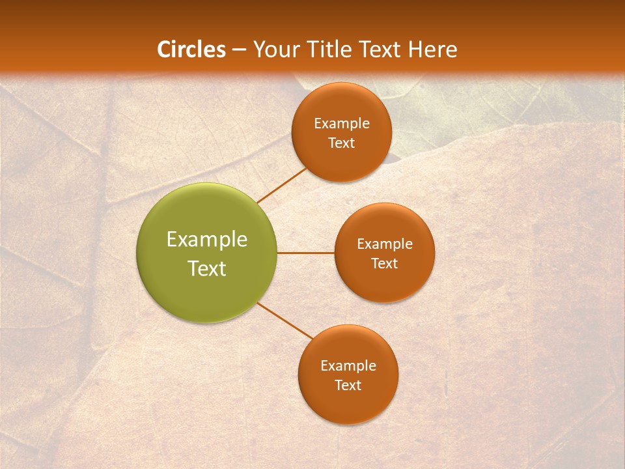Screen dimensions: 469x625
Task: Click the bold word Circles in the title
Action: pyautogui.click(x=191, y=50)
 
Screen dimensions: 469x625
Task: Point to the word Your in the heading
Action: pyautogui.click(x=277, y=50)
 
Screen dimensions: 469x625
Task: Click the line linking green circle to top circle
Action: pyautogui.click(x=281, y=185)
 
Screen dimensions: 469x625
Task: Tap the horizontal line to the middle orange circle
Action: pyautogui.click(x=305, y=253)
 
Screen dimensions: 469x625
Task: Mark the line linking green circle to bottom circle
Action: pyautogui.click(x=285, y=320)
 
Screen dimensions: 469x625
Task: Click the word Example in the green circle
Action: pyautogui.click(x=207, y=240)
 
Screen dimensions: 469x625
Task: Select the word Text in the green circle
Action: pyautogui.click(x=207, y=268)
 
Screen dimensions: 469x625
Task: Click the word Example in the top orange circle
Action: pyautogui.click(x=342, y=124)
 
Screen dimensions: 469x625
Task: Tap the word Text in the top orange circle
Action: pyautogui.click(x=342, y=143)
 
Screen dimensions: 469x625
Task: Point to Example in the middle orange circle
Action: pyautogui.click(x=385, y=244)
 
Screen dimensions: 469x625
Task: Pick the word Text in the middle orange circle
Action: pyautogui.click(x=385, y=264)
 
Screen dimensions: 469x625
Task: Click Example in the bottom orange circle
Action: pyautogui.click(x=348, y=366)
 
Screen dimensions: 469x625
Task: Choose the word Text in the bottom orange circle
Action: pyautogui.click(x=348, y=386)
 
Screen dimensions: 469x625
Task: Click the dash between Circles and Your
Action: pyautogui.click(x=238, y=50)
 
